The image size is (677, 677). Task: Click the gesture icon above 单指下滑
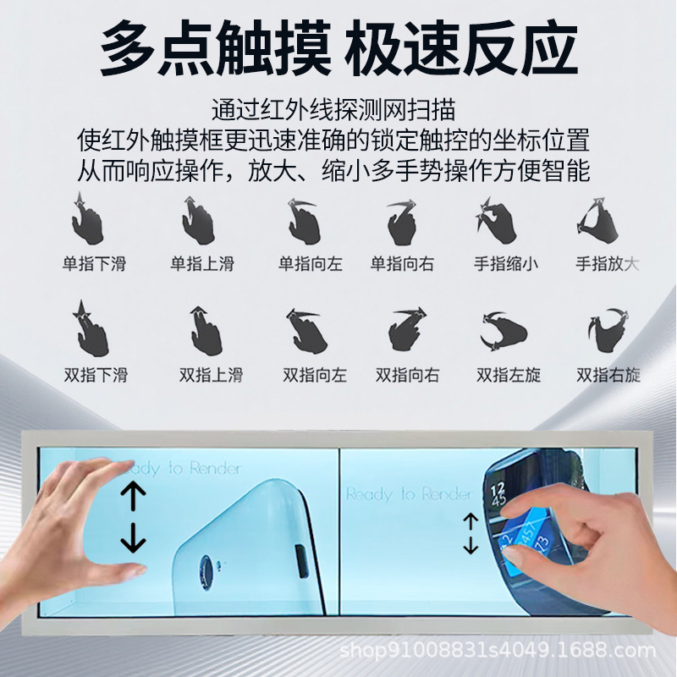[87, 219]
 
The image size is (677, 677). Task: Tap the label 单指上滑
[202, 264]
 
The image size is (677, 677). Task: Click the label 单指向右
[402, 264]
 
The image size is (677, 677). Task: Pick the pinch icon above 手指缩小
[496, 220]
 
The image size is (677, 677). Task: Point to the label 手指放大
[607, 264]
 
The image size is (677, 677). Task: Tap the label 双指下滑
[96, 375]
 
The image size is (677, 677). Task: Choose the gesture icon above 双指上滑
[206, 331]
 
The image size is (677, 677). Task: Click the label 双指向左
[315, 375]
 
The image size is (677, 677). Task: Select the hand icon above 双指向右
[407, 329]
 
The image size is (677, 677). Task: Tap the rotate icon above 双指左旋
[503, 331]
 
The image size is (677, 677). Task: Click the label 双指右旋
[608, 375]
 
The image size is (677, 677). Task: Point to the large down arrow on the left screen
[133, 537]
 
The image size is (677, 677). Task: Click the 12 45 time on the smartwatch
[498, 495]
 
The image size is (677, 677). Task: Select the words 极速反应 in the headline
[460, 50]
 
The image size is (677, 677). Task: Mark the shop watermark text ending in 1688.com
[498, 649]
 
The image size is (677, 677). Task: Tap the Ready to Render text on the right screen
[409, 493]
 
